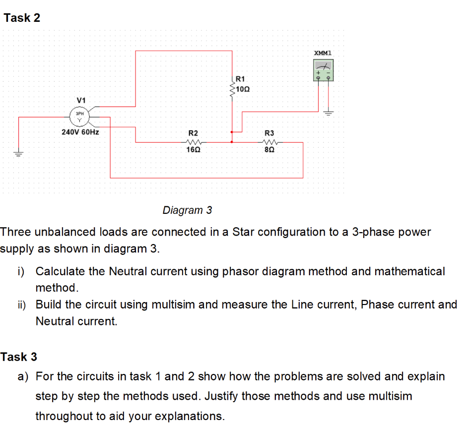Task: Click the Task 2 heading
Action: [22, 18]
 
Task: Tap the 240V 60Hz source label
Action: [80, 133]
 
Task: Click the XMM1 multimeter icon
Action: [323, 70]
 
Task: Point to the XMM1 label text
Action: [324, 53]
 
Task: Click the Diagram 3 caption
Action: [187, 210]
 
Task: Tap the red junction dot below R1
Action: [231, 142]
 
